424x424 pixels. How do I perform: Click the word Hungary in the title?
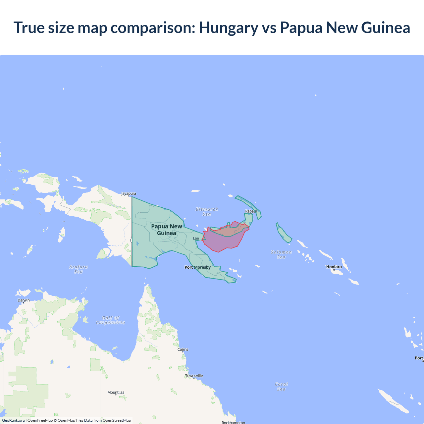click(228, 28)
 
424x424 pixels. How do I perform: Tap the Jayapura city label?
click(129, 193)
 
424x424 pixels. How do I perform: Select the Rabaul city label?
click(251, 211)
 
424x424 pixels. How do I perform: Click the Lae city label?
click(196, 238)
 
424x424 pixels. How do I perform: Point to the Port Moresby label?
click(197, 267)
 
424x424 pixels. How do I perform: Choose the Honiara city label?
click(334, 267)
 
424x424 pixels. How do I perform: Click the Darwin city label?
click(24, 300)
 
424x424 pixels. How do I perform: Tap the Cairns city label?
click(183, 349)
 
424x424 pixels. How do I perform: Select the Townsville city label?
click(194, 376)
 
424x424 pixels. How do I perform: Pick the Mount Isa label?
click(116, 393)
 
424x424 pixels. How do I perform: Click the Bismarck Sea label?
click(207, 212)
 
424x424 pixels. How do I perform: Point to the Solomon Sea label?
click(281, 254)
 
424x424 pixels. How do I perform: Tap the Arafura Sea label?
click(79, 269)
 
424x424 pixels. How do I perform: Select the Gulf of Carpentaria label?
click(111, 320)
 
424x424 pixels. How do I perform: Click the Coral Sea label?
click(281, 387)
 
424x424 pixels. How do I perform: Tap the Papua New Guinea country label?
click(167, 230)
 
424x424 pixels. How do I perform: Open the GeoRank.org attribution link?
click(13, 420)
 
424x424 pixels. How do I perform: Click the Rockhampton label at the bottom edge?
click(233, 422)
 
